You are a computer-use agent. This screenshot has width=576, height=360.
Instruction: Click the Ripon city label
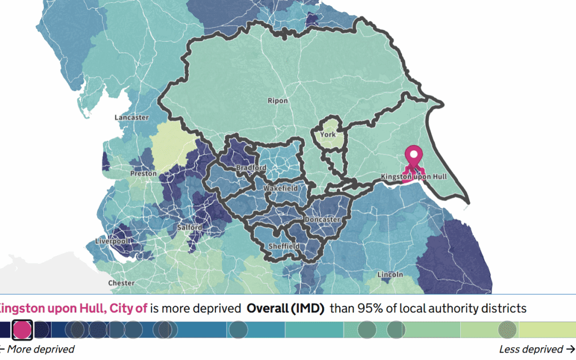(278, 101)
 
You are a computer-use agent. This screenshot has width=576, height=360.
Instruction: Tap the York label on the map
(328, 134)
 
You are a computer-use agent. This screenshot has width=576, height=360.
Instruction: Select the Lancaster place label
(132, 117)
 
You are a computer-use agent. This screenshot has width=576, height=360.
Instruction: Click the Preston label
(143, 173)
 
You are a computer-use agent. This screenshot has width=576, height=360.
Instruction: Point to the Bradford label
(251, 168)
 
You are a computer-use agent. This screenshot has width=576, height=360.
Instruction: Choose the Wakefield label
(281, 189)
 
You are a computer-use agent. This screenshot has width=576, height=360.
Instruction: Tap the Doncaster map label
(322, 220)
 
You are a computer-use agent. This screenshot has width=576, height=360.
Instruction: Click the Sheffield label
(283, 246)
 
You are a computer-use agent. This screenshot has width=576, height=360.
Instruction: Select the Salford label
(190, 228)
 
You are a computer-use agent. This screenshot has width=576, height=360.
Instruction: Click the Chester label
(121, 283)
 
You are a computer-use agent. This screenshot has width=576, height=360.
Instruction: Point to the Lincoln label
(390, 275)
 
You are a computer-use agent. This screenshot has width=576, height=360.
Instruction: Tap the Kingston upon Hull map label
(413, 177)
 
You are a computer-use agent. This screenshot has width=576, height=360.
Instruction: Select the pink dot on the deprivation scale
(22, 330)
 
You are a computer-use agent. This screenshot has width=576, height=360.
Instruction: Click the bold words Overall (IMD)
(285, 308)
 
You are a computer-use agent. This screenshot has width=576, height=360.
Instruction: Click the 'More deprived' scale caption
(40, 349)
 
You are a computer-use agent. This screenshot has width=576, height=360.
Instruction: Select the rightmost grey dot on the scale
(507, 330)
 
